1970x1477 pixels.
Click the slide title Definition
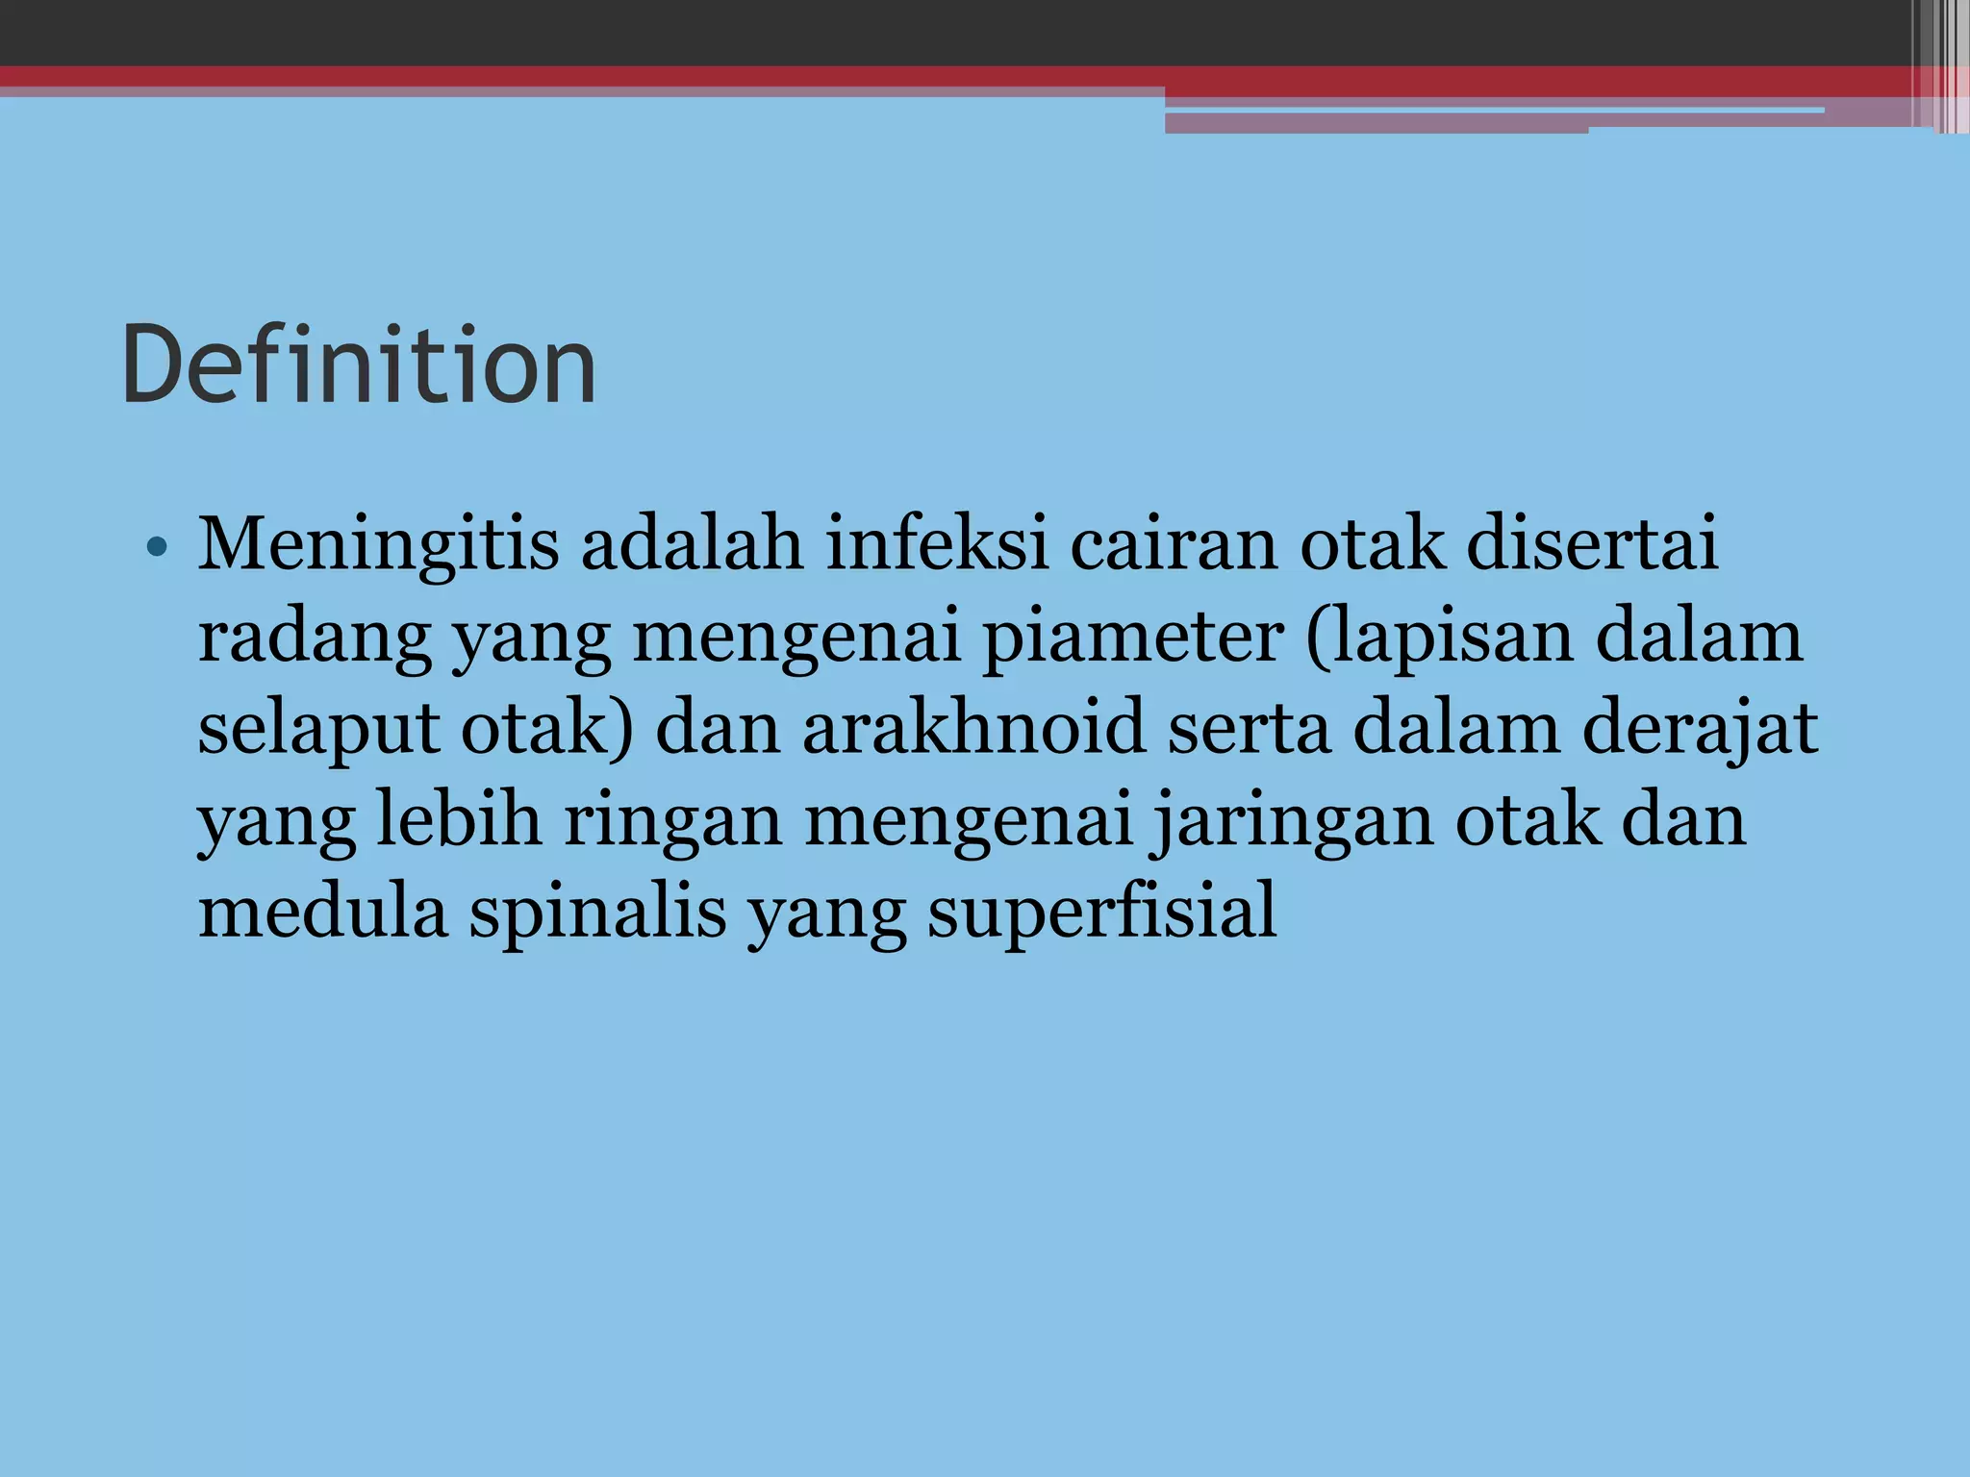tap(359, 365)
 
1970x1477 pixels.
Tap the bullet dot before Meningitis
tap(158, 549)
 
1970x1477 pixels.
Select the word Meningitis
tap(378, 545)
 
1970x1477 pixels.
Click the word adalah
tap(692, 545)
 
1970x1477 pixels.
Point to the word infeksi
tap(937, 545)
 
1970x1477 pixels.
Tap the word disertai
tap(1592, 545)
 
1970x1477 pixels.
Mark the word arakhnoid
tap(974, 728)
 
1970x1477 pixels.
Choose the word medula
tap(323, 912)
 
